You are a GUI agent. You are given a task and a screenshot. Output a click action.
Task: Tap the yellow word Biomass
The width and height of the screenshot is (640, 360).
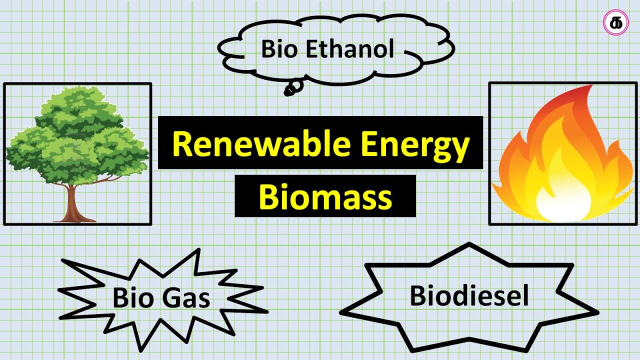(325, 197)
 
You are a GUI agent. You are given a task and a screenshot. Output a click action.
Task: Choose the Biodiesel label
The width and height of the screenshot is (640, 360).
(469, 295)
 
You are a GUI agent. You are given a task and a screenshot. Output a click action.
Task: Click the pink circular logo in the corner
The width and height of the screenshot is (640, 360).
(614, 23)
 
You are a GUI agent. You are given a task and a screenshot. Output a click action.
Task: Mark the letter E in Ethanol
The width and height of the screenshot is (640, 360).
(311, 49)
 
